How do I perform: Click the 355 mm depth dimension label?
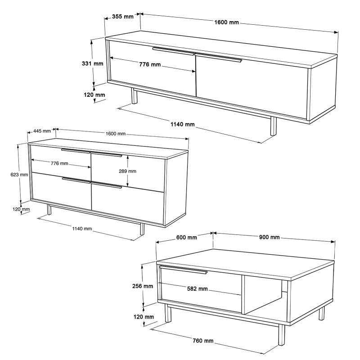(x=122, y=17)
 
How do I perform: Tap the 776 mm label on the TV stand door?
(x=150, y=64)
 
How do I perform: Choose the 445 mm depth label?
(x=41, y=131)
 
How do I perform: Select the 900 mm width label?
(x=270, y=237)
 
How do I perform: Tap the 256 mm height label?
(x=143, y=286)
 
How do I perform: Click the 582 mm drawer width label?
(x=197, y=288)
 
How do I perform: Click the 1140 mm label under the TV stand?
(x=184, y=124)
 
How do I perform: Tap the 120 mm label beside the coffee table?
(x=144, y=317)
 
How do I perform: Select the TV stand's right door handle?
(x=218, y=57)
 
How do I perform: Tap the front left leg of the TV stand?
(x=134, y=95)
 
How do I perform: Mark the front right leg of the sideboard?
(x=142, y=228)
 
